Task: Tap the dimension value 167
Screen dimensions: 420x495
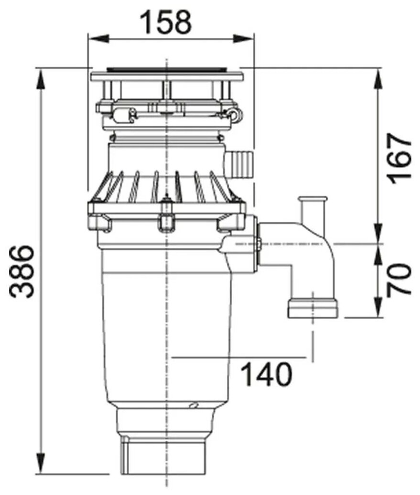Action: tap(399, 159)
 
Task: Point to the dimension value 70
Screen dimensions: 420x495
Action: tap(399, 279)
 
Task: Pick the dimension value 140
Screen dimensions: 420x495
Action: tap(266, 375)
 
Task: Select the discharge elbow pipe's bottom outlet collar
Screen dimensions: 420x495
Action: tap(313, 308)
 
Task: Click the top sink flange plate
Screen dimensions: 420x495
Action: tap(167, 75)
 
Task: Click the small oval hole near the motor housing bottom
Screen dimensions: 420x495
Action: tap(194, 406)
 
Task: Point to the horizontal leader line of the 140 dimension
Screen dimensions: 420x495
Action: tap(239, 357)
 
